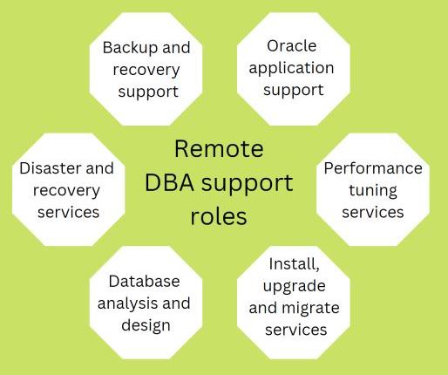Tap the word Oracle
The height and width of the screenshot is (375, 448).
[292, 46]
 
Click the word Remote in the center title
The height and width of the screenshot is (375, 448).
[219, 149]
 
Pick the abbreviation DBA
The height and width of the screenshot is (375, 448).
[169, 183]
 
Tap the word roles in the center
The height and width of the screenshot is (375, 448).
[219, 216]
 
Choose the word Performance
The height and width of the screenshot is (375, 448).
[373, 168]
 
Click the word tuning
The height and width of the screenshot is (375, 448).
[373, 192]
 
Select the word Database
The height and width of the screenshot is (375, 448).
[144, 282]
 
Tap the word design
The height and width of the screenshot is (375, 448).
[146, 326]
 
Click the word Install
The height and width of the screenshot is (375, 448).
[294, 264]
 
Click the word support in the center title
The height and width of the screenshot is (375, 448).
[248, 185]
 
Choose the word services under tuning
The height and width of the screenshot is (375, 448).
[373, 213]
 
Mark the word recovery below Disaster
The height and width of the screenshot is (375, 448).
[66, 192]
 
